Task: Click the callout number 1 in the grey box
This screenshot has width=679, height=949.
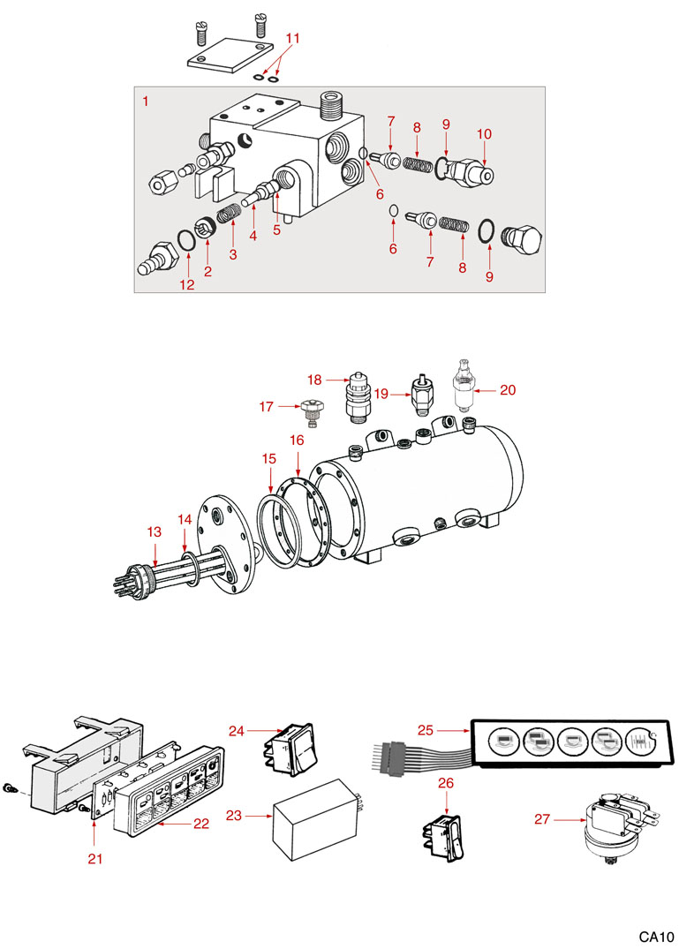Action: tap(146, 102)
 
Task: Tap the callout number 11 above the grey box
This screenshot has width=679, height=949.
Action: tap(293, 38)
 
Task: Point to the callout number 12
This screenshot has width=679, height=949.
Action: tap(186, 283)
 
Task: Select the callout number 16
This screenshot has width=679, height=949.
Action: tap(297, 439)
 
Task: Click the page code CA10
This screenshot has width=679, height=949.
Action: tap(658, 936)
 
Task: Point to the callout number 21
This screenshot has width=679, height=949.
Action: tap(95, 858)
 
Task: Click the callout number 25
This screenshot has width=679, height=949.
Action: tap(426, 729)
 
